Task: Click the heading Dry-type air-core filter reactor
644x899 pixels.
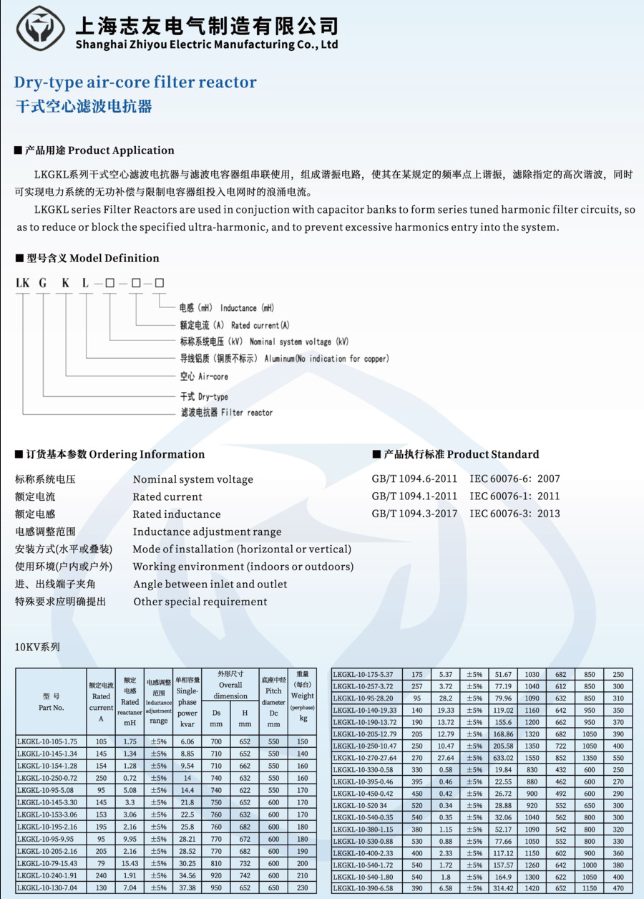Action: [135, 82]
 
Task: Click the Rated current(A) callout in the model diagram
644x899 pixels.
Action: [230, 325]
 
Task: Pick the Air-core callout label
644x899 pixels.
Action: [204, 377]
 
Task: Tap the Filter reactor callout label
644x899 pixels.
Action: [226, 413]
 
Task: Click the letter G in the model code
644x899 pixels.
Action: [43, 283]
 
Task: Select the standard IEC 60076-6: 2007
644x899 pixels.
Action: [514, 479]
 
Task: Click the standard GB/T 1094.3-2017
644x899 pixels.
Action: [414, 514]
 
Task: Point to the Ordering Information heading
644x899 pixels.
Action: [110, 454]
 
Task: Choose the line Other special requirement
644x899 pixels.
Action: [200, 602]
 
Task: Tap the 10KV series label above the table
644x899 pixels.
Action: [37, 647]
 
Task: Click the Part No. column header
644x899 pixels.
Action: [52, 701]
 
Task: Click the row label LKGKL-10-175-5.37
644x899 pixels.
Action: [364, 674]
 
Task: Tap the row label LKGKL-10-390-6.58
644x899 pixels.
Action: [364, 888]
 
